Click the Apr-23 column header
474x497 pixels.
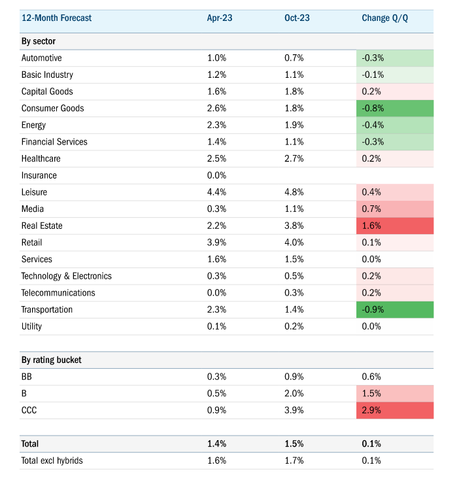[220, 18]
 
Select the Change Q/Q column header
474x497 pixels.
[384, 18]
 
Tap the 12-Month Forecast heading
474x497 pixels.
[57, 18]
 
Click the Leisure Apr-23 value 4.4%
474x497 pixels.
[217, 192]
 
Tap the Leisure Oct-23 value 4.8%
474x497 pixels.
[294, 192]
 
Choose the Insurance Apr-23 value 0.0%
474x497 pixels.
[217, 175]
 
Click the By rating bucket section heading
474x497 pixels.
[52, 360]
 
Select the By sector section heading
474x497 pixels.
[39, 41]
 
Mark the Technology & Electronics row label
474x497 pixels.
[67, 276]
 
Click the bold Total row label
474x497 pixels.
[30, 443]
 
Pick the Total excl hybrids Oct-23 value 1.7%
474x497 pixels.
[294, 460]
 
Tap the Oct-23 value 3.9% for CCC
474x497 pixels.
[294, 410]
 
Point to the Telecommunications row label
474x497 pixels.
[58, 293]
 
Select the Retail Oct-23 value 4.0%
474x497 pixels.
[294, 243]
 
